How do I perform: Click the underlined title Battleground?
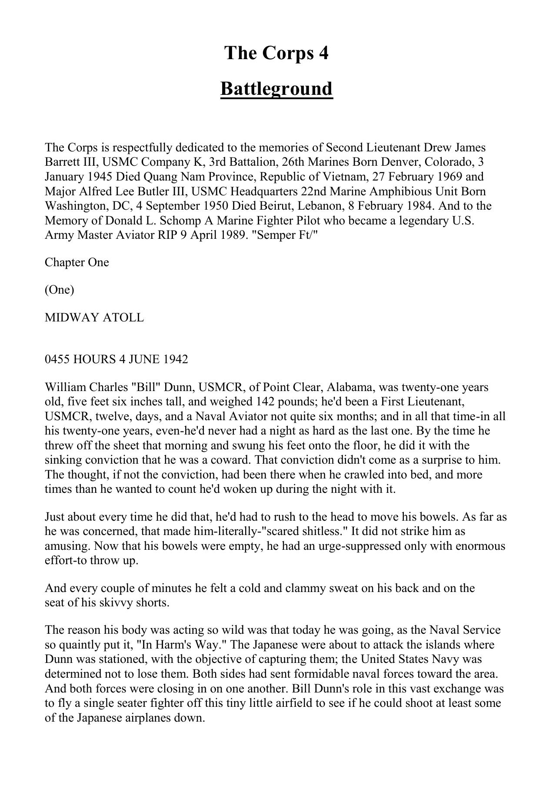(x=276, y=89)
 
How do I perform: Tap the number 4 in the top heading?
(x=323, y=53)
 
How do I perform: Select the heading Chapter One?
(x=77, y=263)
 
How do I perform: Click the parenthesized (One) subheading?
(x=60, y=290)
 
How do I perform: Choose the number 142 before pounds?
(x=268, y=401)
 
